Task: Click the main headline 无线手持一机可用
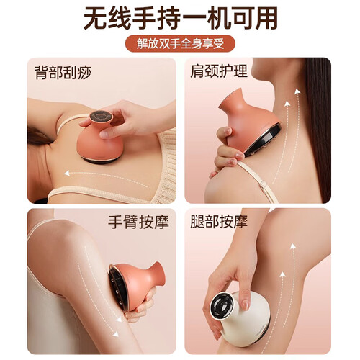tap(180, 19)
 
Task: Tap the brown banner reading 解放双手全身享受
tap(180, 43)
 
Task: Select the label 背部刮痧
tap(63, 72)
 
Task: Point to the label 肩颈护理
tap(219, 71)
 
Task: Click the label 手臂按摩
tap(138, 222)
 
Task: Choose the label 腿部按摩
tap(219, 221)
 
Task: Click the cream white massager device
tap(240, 318)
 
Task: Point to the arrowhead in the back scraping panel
tap(67, 173)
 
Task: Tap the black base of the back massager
tap(100, 160)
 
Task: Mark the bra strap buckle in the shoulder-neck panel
tap(264, 185)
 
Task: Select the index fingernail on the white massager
tap(245, 305)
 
